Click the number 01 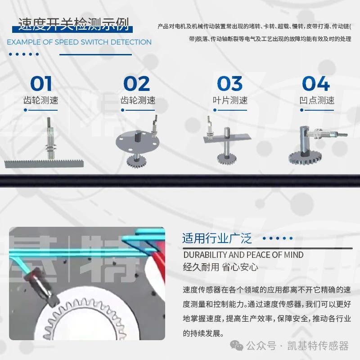coord(41,84)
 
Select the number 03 coord(230,84)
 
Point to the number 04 coord(316,84)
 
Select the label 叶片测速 coord(230,100)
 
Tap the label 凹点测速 coord(317,100)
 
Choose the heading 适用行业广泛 coord(217,238)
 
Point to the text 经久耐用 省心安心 coord(220,267)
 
